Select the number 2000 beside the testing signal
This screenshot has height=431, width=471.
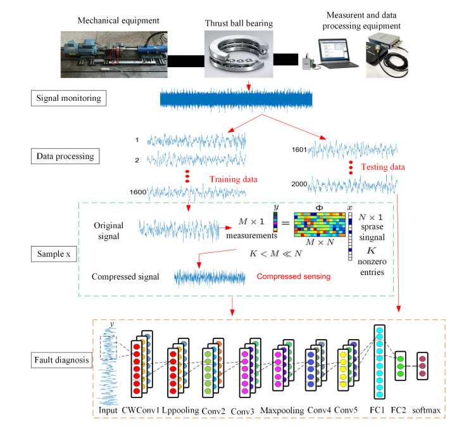click(x=300, y=184)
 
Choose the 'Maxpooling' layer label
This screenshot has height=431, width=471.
click(x=279, y=411)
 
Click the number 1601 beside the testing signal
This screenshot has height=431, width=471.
click(x=300, y=150)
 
